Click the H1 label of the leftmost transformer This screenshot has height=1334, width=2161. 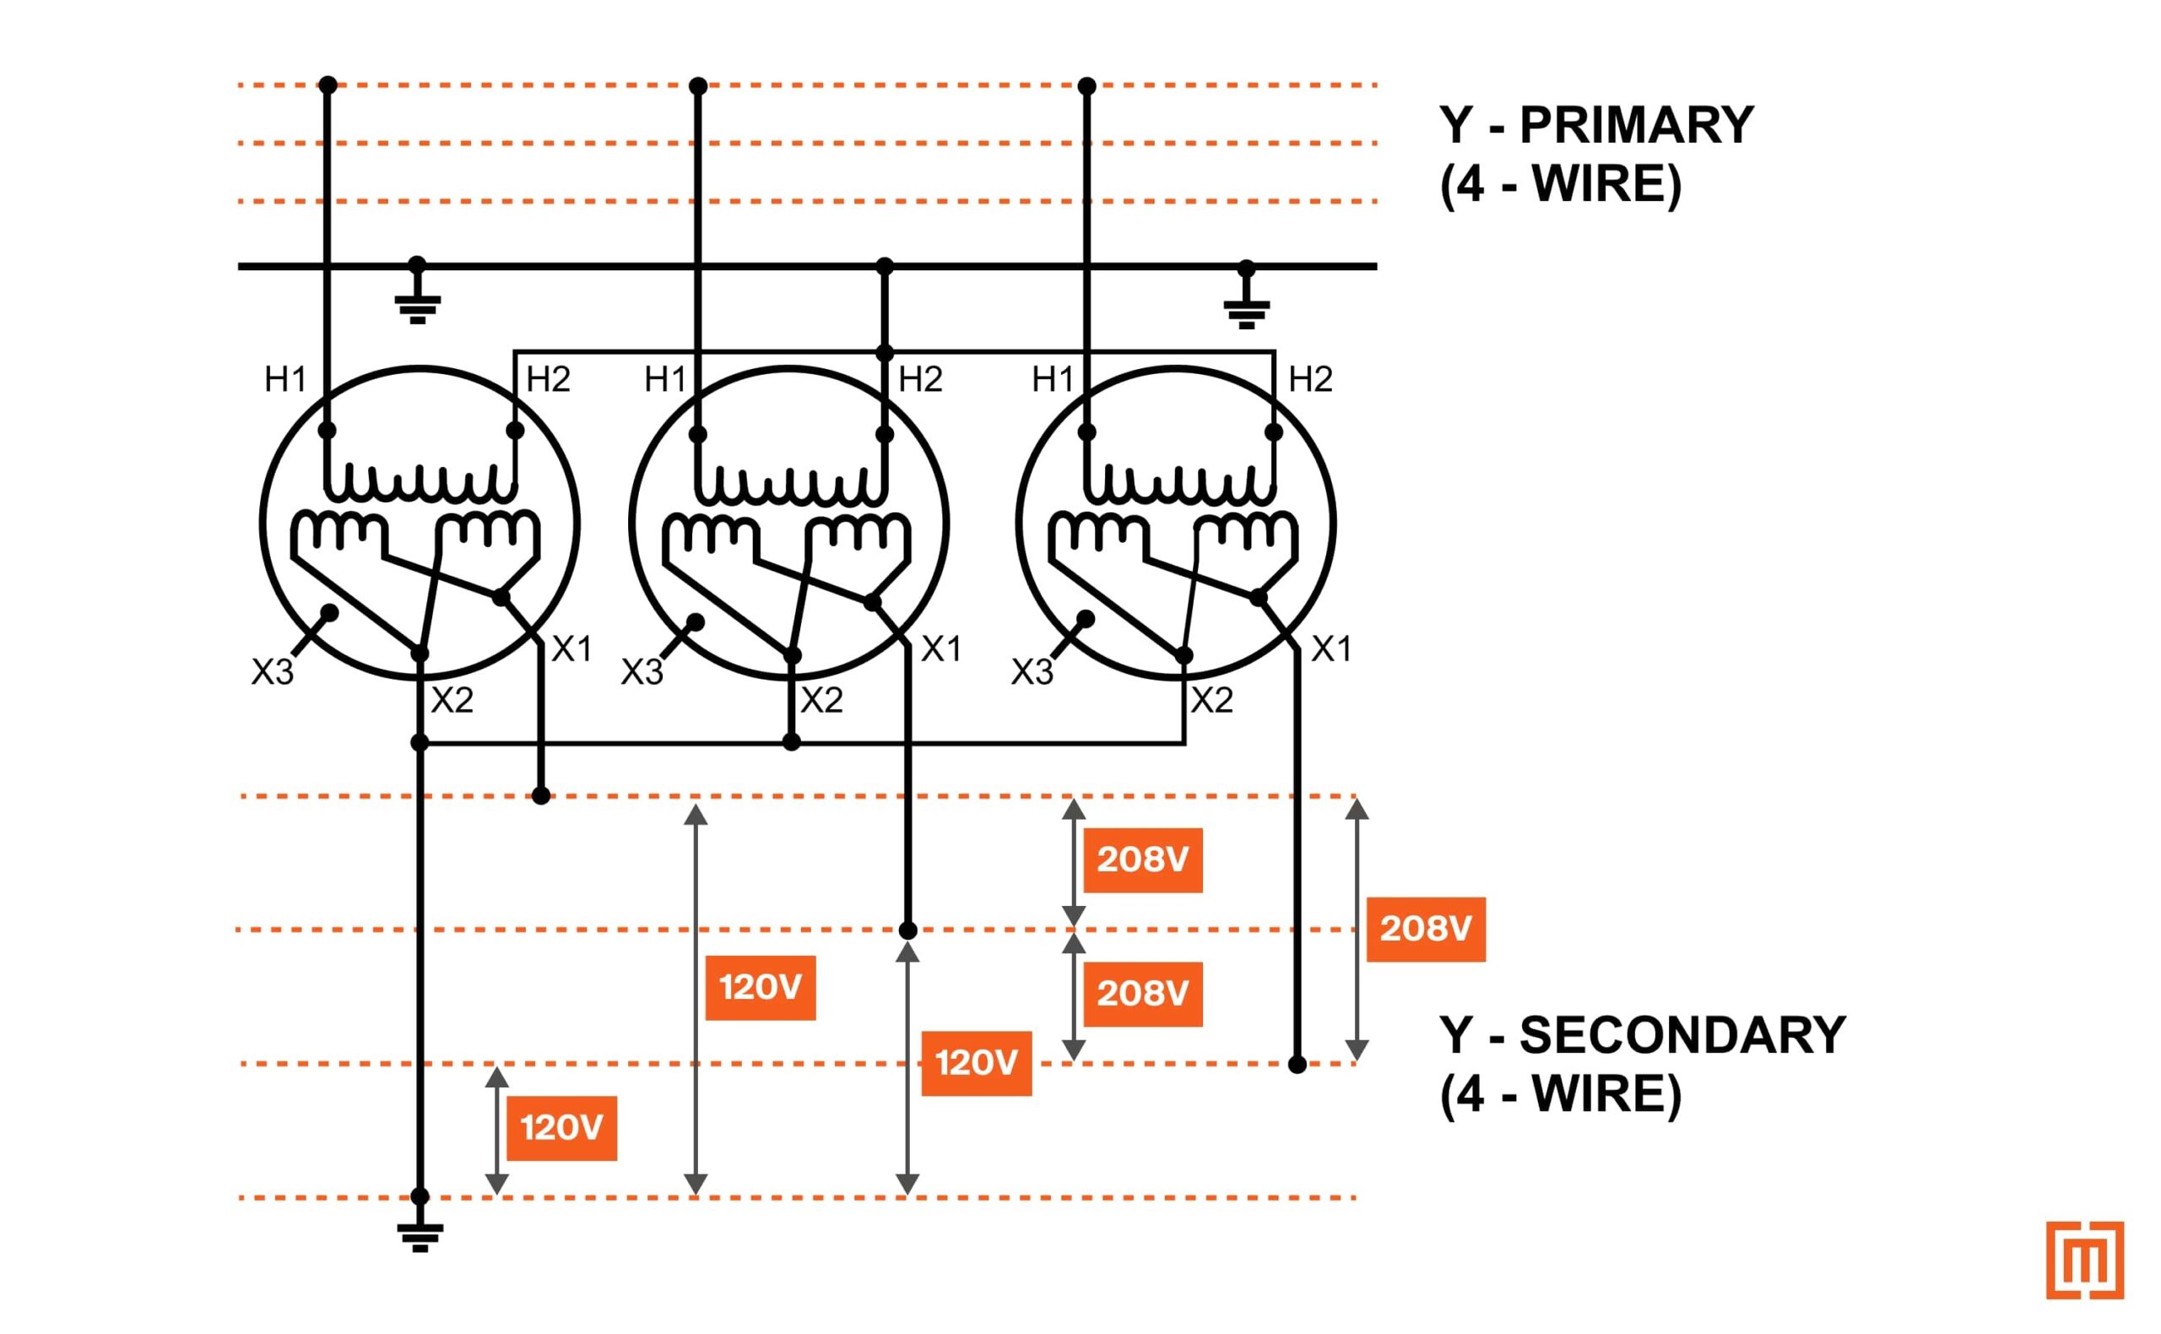(x=285, y=379)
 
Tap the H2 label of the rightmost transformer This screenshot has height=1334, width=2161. (x=1310, y=379)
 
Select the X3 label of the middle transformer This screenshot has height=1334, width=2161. (x=642, y=672)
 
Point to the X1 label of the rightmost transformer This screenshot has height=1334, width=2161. (x=1331, y=649)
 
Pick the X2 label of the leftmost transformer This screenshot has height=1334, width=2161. (x=452, y=701)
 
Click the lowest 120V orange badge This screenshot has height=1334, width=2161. (x=561, y=1127)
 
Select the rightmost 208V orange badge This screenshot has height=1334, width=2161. (x=1426, y=928)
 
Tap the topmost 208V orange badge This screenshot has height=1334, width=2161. (x=1142, y=860)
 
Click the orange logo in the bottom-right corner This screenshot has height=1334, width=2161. (x=2084, y=1260)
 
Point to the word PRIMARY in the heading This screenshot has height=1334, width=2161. (x=1636, y=124)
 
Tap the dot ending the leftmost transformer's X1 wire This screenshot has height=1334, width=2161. (x=542, y=796)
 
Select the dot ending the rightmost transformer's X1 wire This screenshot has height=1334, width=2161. (x=1297, y=1065)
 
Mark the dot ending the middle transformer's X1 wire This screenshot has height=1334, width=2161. (x=907, y=930)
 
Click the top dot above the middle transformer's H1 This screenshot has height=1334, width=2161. (x=698, y=85)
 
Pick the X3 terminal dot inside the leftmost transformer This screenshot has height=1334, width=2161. (x=329, y=611)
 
